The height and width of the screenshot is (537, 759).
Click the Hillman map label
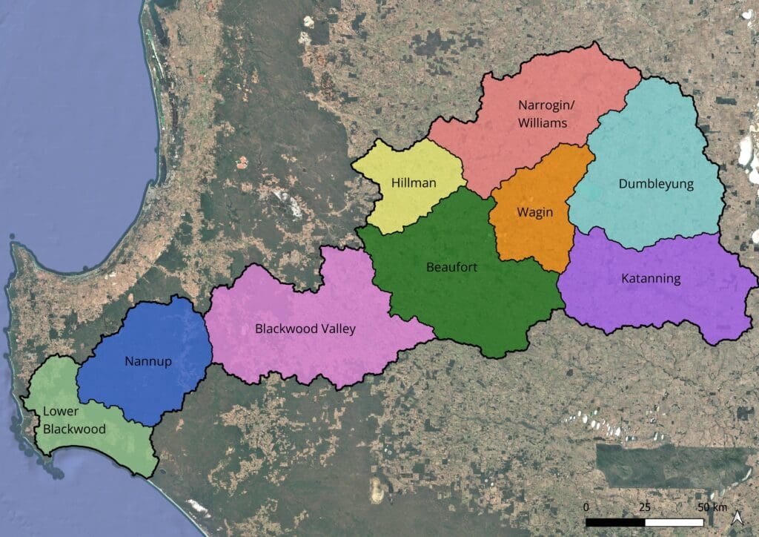point(414,182)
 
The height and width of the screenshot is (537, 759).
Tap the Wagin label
point(535,212)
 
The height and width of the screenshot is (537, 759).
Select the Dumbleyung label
point(656,184)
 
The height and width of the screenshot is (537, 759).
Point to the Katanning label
point(650,279)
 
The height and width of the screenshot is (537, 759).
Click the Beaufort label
point(451,266)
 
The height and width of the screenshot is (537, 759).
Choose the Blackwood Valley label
point(305,328)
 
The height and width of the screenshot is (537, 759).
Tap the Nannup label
point(149,361)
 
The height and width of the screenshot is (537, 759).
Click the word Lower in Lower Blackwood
point(61,412)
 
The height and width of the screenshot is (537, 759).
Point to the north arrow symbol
point(738,518)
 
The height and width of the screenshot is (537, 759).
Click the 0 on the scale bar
point(586,507)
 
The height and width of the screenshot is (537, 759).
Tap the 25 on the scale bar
point(645,507)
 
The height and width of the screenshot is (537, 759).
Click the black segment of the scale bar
point(615,521)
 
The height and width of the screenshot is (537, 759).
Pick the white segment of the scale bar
point(674,521)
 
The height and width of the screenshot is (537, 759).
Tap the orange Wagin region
point(530,237)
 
